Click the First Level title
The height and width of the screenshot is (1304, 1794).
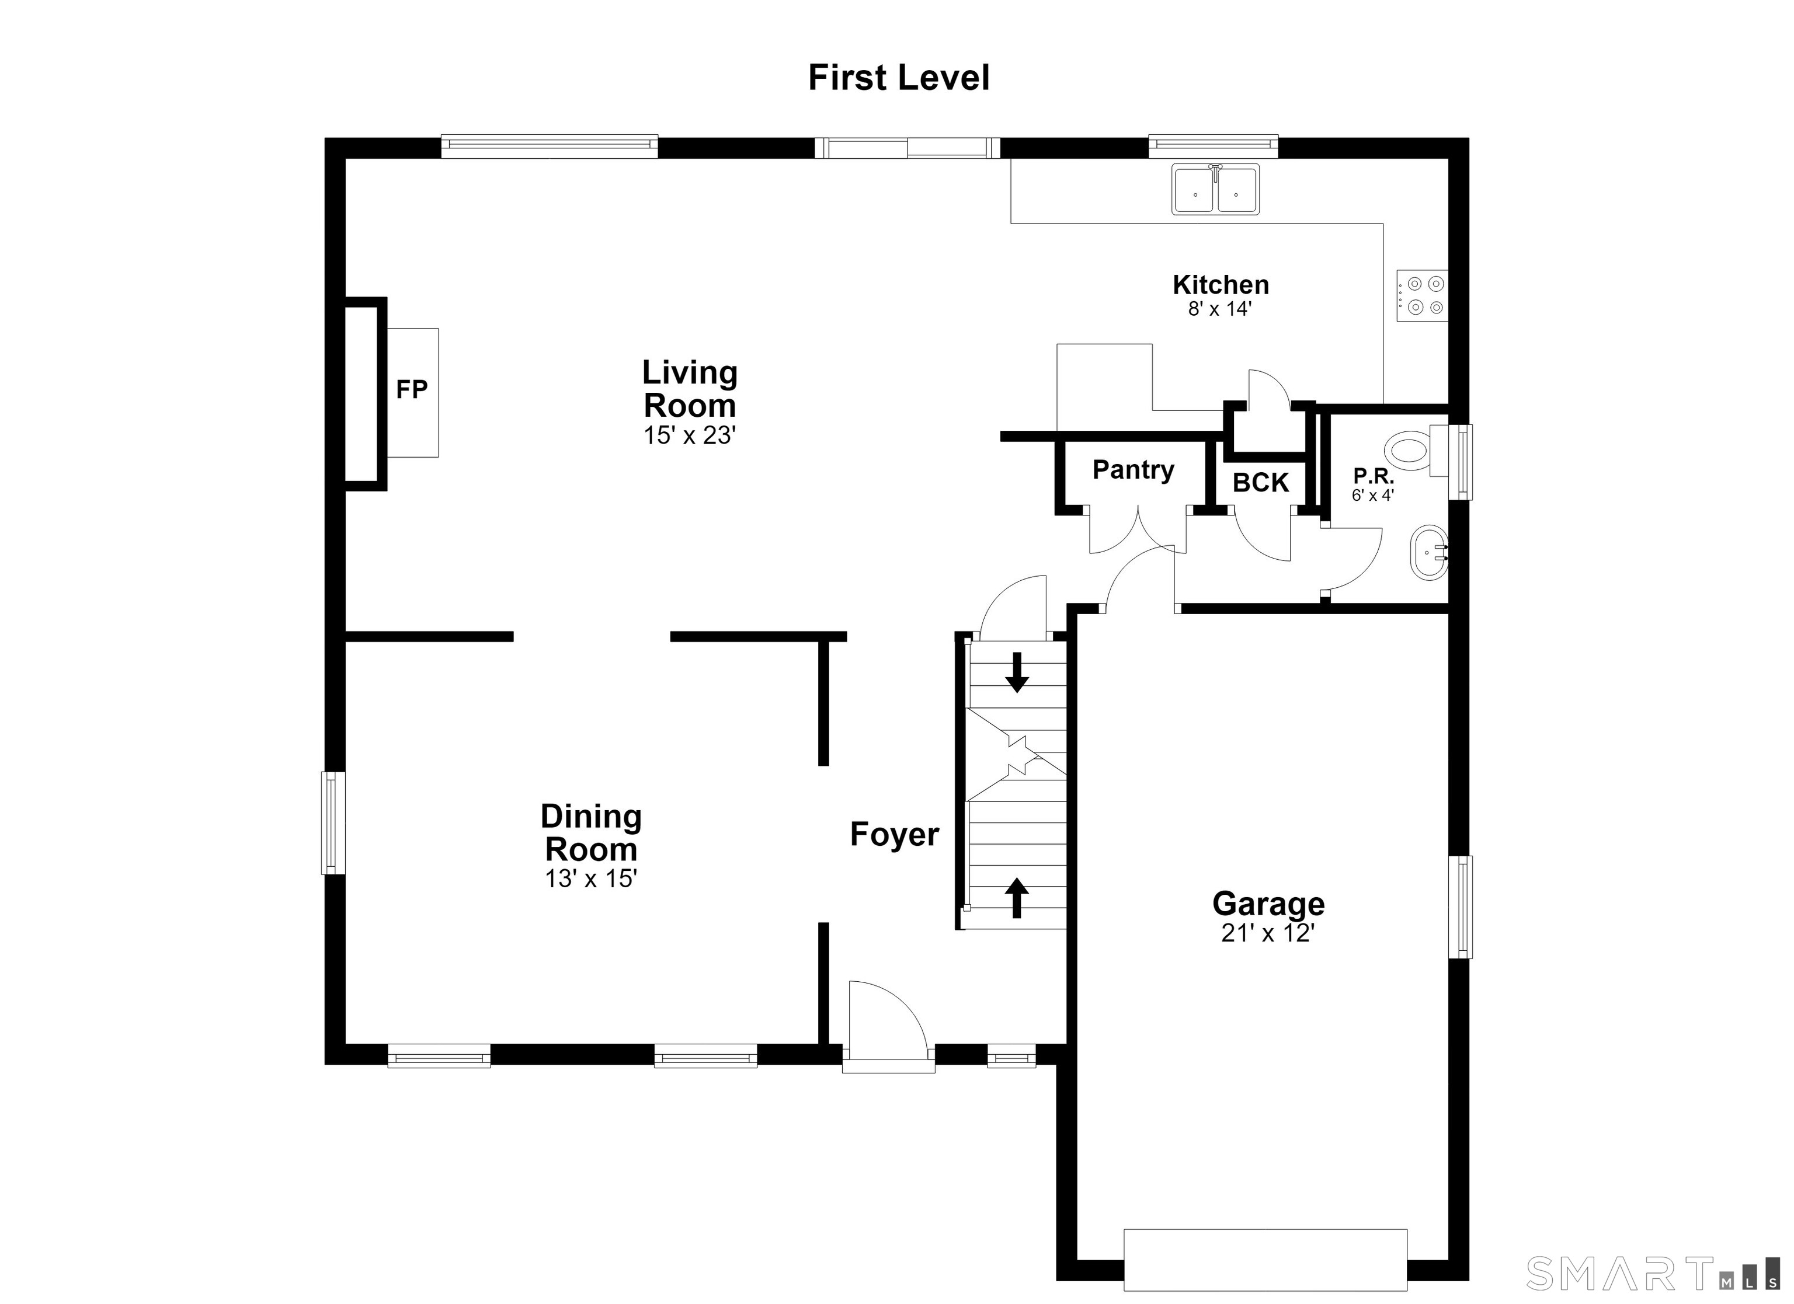point(899,78)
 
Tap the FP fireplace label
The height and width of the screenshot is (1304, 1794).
point(411,389)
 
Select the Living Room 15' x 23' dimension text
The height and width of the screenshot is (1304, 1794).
point(690,435)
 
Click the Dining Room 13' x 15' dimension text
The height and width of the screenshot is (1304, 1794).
point(591,878)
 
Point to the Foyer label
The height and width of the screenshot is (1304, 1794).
point(895,834)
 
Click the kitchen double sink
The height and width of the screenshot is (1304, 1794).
point(1215,190)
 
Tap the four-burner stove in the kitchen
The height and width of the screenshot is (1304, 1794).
point(1422,296)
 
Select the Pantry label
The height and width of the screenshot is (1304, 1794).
point(1133,470)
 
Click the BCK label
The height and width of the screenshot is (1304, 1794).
point(1261,482)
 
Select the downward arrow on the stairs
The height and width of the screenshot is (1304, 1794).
point(1017,672)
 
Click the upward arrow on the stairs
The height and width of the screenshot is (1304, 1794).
point(1017,898)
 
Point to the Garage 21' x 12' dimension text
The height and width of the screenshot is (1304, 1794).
point(1268,934)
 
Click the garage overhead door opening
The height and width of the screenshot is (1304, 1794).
point(1265,1259)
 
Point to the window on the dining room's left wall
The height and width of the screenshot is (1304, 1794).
point(333,823)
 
